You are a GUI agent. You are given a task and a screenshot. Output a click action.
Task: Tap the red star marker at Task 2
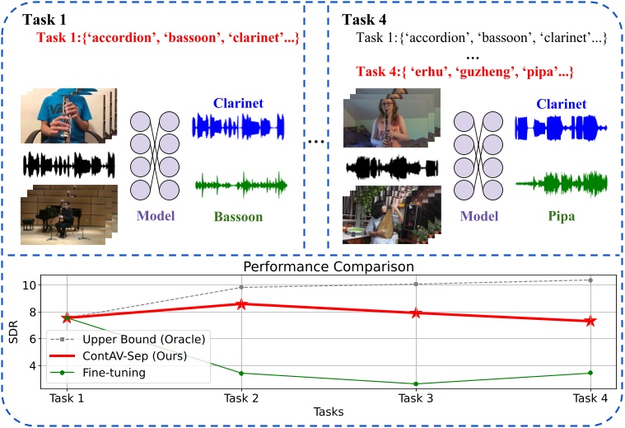(x=241, y=304)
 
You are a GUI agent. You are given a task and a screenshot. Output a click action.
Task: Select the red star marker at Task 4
(x=590, y=321)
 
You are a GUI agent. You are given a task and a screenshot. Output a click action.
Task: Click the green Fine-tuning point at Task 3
(x=416, y=383)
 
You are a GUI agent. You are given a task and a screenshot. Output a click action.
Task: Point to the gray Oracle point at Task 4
(x=590, y=280)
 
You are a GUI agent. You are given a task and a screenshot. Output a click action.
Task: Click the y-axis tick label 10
(x=31, y=285)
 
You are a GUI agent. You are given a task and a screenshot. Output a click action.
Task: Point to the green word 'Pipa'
(x=560, y=218)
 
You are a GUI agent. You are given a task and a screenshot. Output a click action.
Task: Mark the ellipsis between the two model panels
(x=316, y=143)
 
